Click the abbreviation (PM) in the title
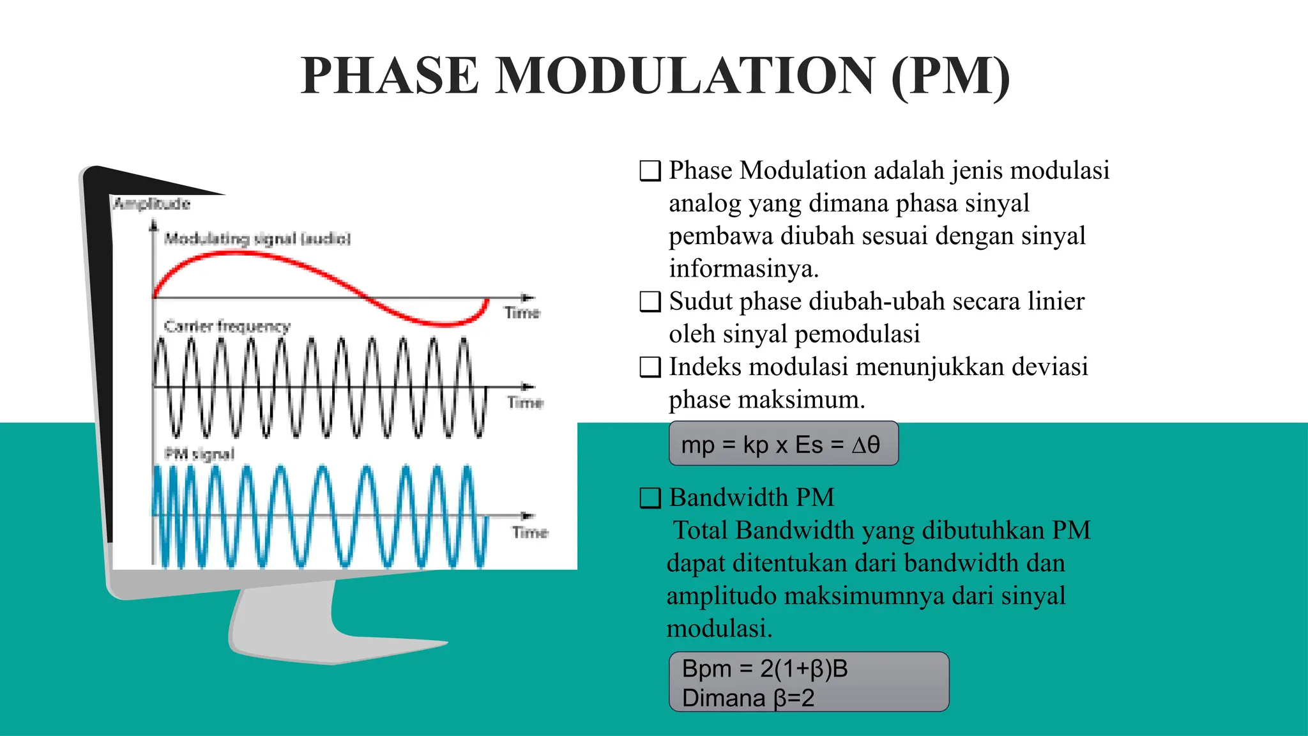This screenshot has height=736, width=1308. (950, 76)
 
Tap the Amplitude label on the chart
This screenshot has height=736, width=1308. (151, 204)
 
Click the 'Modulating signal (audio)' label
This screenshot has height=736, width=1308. (257, 239)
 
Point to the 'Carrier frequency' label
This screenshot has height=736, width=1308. (227, 326)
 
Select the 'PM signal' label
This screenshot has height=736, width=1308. (199, 454)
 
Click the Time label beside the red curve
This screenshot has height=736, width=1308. (522, 312)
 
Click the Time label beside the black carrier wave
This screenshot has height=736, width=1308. (525, 402)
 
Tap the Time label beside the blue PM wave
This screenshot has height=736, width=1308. (529, 532)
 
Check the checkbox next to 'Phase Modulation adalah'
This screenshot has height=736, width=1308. (650, 171)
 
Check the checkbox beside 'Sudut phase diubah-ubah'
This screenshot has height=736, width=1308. (650, 302)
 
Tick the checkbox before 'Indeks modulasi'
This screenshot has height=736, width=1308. (650, 367)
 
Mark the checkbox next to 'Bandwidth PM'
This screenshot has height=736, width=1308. (650, 498)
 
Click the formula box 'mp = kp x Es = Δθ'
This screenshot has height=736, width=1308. (783, 444)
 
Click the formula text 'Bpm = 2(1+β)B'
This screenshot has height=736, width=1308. (764, 669)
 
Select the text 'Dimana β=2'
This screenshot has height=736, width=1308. (748, 698)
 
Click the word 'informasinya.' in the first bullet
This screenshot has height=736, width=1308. (743, 268)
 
